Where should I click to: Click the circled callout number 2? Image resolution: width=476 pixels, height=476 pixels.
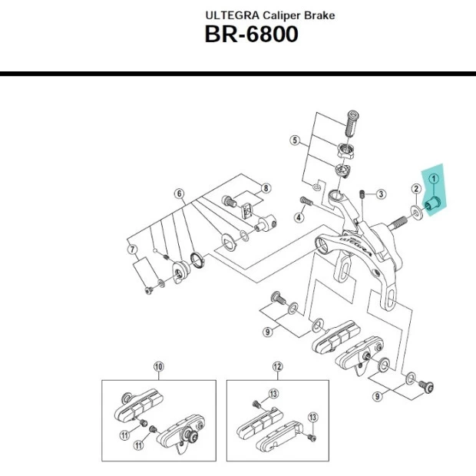click(415, 189)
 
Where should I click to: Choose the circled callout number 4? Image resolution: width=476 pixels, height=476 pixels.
click(299, 217)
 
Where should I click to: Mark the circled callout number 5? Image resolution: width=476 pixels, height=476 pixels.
click(294, 140)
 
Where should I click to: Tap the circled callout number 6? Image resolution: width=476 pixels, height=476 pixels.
click(179, 193)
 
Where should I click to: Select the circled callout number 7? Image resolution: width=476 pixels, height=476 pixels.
click(132, 249)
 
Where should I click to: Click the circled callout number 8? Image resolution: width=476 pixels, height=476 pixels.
click(266, 188)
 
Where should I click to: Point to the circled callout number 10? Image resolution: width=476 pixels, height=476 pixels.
click(159, 366)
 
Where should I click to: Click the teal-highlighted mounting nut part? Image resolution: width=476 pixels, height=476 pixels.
click(431, 205)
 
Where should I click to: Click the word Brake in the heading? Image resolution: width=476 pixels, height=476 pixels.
click(320, 15)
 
